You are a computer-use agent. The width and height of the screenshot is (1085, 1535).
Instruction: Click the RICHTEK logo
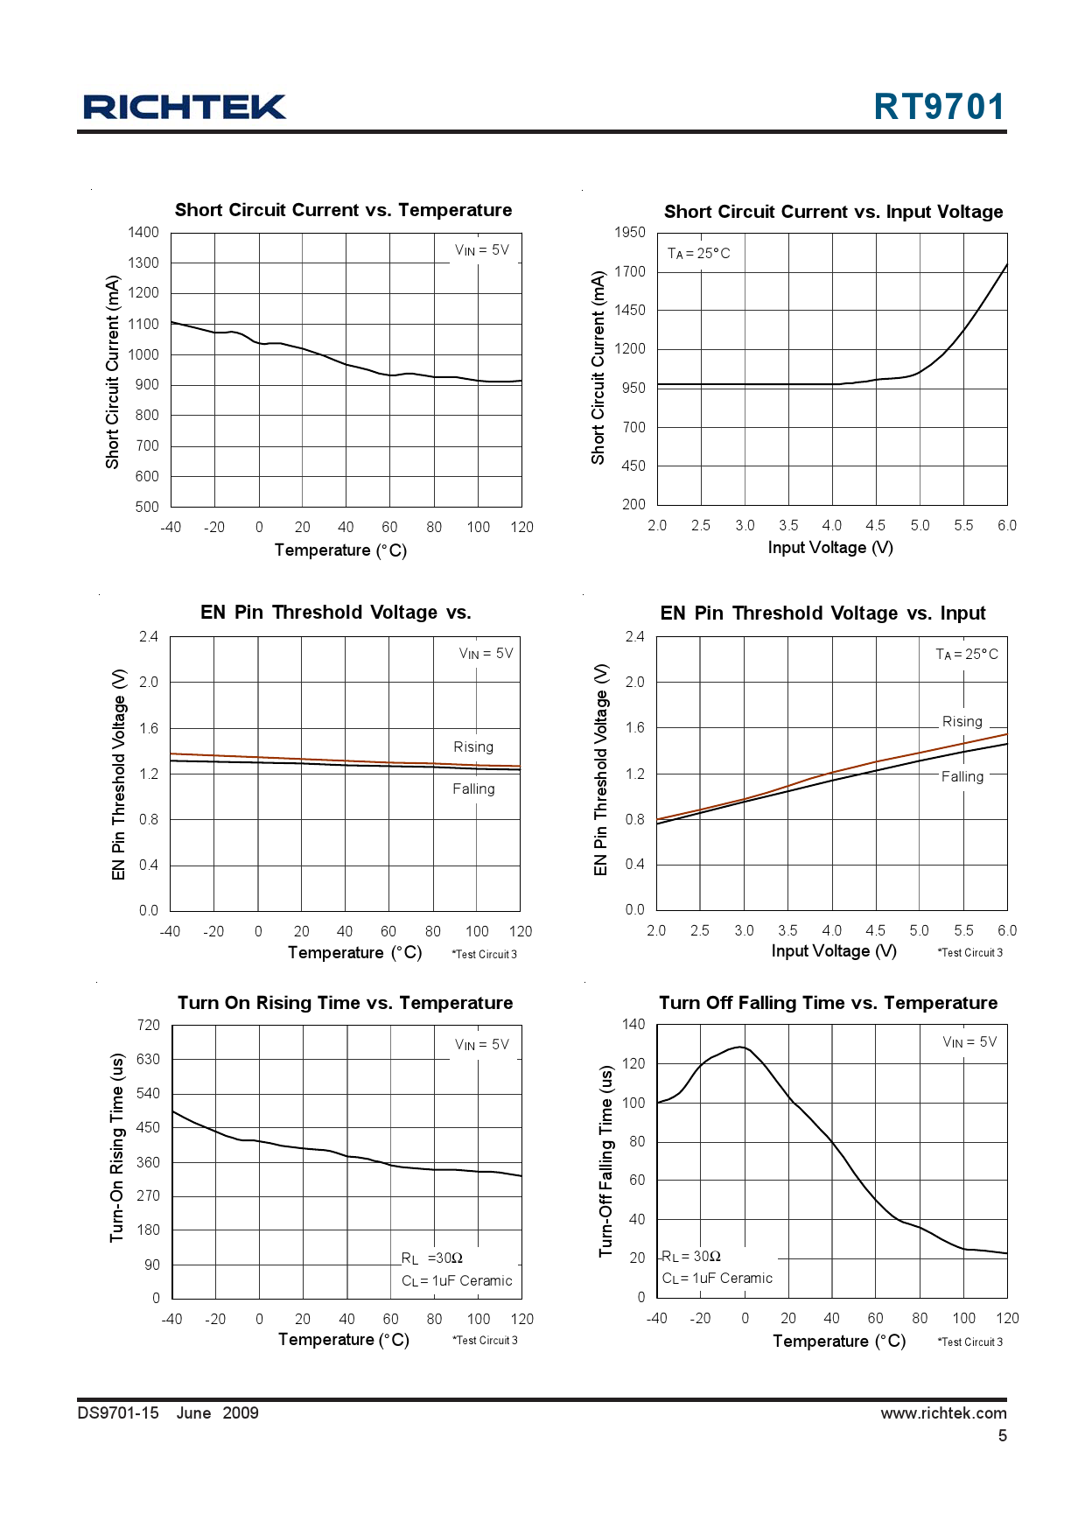click(185, 107)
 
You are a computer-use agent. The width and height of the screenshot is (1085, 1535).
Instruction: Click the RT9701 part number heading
click(939, 107)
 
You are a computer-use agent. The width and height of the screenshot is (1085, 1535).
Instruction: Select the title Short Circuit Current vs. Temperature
click(343, 210)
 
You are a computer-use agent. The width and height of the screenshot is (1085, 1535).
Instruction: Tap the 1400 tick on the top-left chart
click(143, 232)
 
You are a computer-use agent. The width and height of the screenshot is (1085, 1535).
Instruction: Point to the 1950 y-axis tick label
click(630, 232)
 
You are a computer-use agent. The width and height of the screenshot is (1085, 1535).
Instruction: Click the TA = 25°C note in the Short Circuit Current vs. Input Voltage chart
click(698, 254)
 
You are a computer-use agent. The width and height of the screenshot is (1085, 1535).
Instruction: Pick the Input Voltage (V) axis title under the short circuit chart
click(830, 548)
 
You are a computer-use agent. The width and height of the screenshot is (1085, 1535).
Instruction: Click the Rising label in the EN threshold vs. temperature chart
click(473, 747)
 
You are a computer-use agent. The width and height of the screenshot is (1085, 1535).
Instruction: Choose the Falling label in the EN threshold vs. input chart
click(962, 777)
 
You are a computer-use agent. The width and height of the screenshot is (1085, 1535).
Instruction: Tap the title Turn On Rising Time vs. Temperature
click(345, 1003)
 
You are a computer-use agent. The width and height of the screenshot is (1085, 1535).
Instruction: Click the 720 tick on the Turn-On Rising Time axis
click(149, 1025)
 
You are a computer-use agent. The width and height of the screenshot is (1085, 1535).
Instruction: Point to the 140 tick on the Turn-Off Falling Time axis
click(633, 1024)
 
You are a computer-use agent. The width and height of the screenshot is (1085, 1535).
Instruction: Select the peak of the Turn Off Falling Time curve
click(741, 1047)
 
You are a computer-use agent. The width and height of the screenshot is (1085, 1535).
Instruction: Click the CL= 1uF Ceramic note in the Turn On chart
click(457, 1281)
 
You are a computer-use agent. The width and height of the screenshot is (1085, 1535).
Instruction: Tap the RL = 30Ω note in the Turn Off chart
click(691, 1257)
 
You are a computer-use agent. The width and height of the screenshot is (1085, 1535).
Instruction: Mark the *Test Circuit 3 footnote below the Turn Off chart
click(970, 1342)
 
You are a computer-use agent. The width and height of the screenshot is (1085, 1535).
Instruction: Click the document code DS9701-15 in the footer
click(118, 1412)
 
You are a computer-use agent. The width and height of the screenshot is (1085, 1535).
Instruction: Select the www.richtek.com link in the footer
click(943, 1412)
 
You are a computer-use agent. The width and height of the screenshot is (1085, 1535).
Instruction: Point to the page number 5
click(1003, 1435)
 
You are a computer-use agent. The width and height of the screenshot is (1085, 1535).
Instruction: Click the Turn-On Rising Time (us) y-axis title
click(116, 1146)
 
